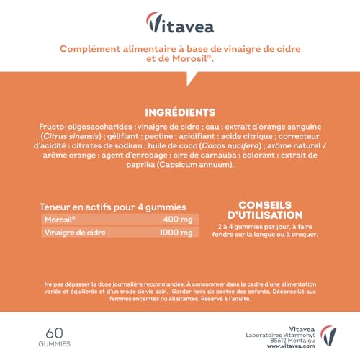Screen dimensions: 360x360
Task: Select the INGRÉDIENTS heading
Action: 180,112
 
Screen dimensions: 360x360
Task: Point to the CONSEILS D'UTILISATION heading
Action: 270,208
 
